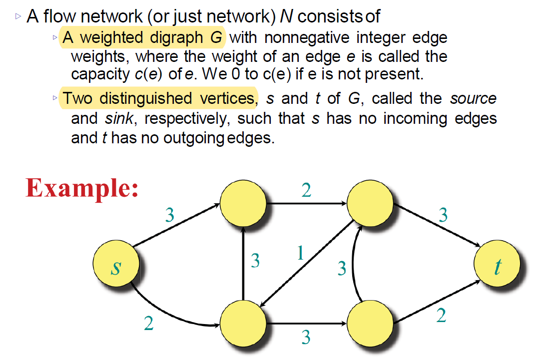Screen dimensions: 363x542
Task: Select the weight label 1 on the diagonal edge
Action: click(x=300, y=253)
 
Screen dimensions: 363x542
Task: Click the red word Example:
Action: click(x=82, y=188)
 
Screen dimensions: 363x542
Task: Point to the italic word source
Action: click(x=473, y=98)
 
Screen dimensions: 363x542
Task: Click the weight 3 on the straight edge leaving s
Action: click(x=170, y=215)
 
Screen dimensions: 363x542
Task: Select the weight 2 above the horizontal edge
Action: click(x=306, y=191)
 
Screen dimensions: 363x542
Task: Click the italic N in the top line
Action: click(x=285, y=17)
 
